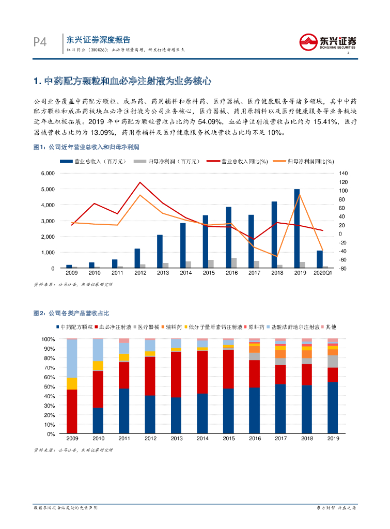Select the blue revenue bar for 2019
pos(297,228)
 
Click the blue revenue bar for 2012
pos(137,258)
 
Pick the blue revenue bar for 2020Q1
pos(320,259)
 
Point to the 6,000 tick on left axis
pos(48,173)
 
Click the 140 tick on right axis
pos(344,173)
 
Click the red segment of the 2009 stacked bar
pos(72,411)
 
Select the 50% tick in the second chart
pos(49,386)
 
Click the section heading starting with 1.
pos(122,81)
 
